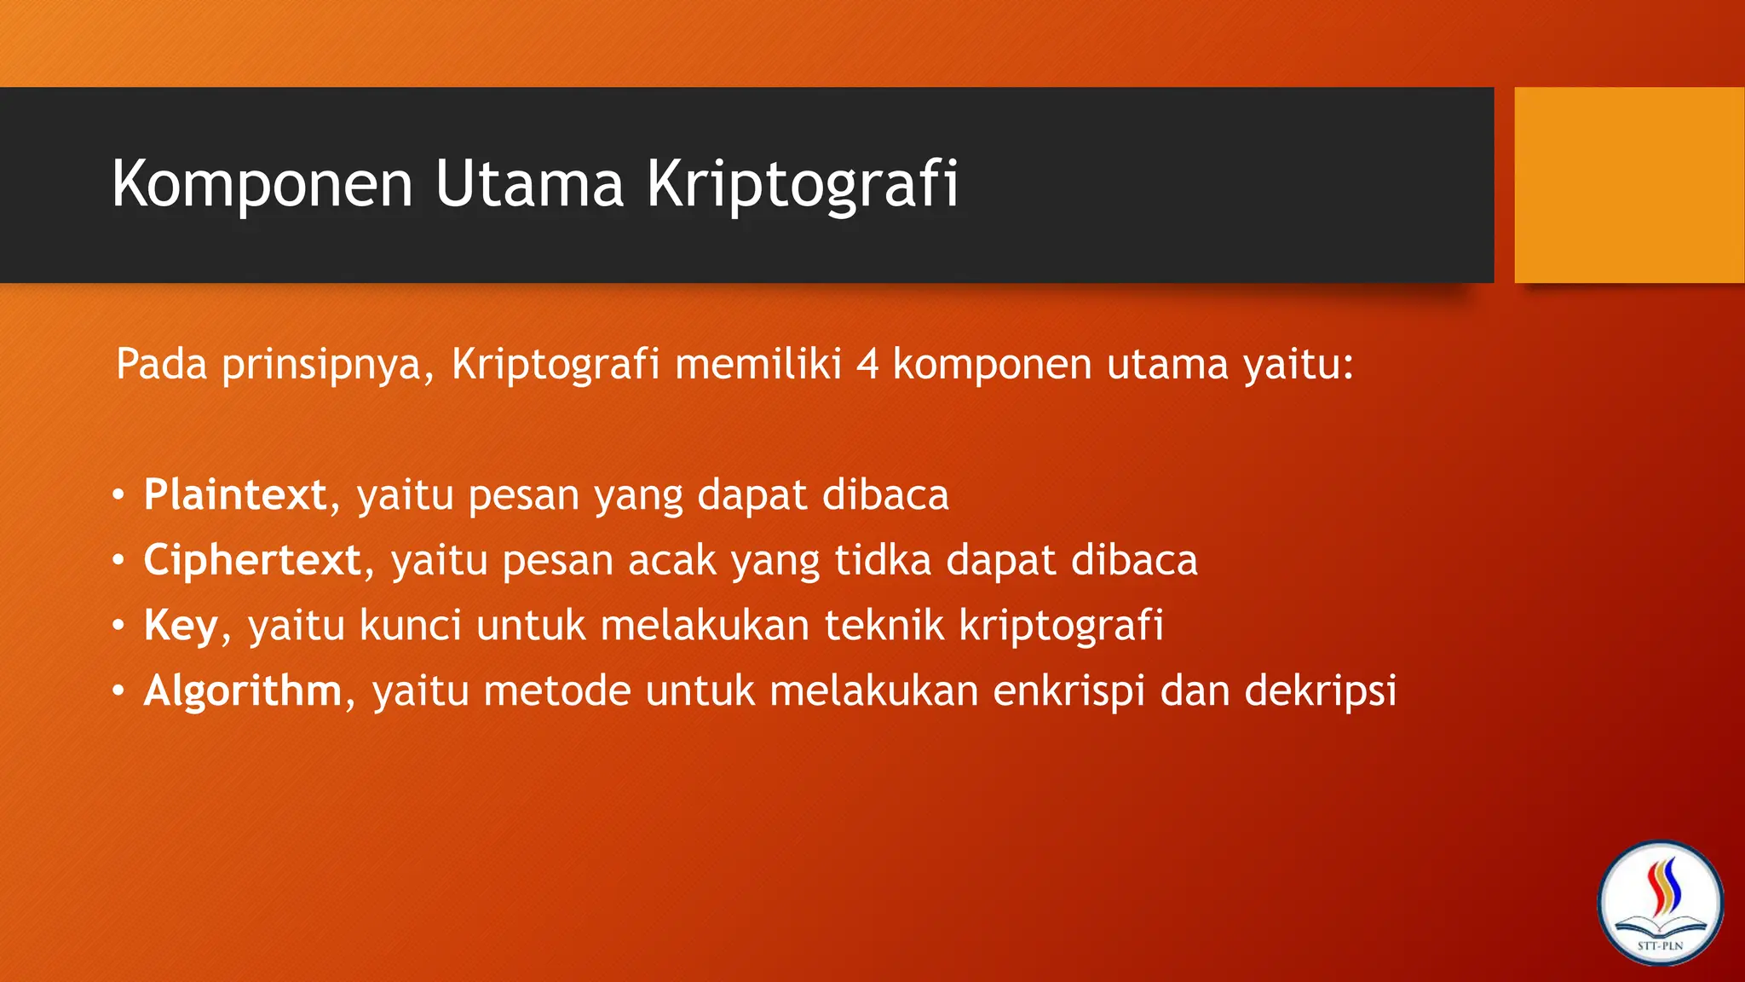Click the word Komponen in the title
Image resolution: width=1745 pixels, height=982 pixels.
(262, 184)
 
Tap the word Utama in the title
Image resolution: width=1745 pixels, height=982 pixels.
(529, 184)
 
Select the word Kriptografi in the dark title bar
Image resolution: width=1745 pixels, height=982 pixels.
(802, 184)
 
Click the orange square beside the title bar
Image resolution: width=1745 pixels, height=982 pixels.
(1628, 185)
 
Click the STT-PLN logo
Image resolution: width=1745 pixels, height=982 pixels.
(1660, 904)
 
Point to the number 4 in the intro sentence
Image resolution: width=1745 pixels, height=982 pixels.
(867, 365)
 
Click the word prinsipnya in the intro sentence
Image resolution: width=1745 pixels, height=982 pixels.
(328, 365)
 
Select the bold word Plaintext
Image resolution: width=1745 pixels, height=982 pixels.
(235, 495)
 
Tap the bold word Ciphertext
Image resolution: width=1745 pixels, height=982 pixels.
(252, 561)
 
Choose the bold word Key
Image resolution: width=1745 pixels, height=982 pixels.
(181, 627)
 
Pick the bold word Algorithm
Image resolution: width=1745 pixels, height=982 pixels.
(243, 691)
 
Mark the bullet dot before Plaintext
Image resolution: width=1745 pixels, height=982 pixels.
(118, 495)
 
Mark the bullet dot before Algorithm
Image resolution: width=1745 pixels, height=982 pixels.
(118, 691)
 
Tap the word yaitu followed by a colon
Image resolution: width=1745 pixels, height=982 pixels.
(1297, 365)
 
